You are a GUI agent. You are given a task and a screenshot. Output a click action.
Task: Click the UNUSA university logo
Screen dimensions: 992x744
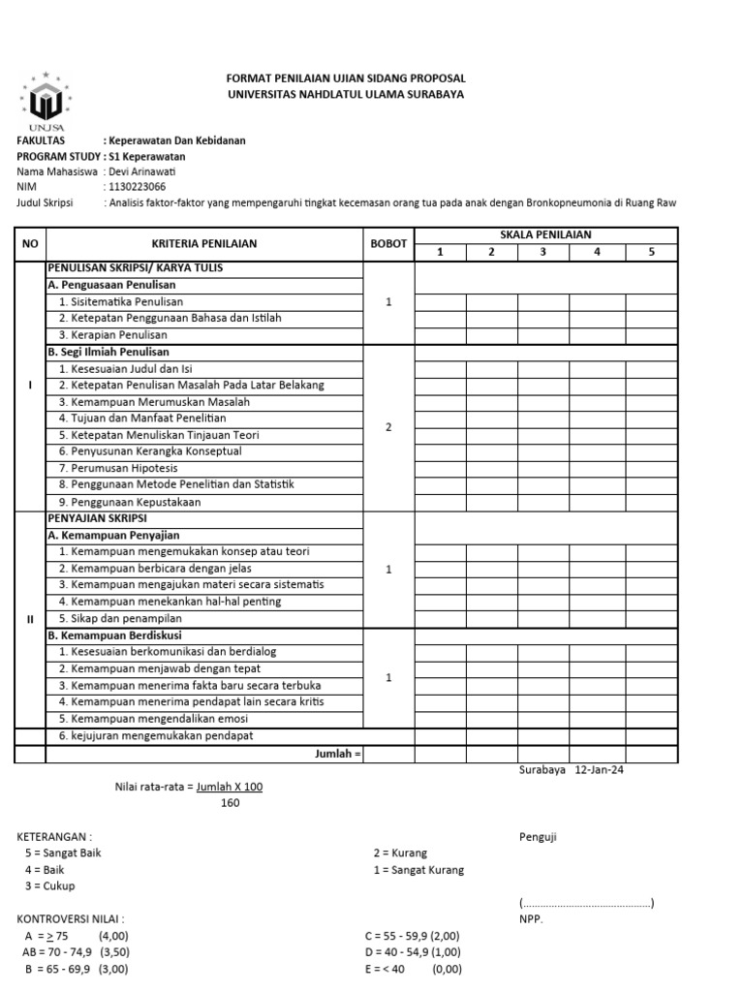tap(45, 100)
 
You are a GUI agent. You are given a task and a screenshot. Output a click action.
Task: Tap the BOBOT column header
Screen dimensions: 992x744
tap(388, 244)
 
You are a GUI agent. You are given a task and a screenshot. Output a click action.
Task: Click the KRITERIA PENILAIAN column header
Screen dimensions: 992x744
tap(203, 244)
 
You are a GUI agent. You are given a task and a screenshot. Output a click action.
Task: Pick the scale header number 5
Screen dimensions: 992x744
tap(652, 253)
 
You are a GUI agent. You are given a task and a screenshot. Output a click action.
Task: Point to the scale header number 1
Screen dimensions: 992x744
tap(440, 253)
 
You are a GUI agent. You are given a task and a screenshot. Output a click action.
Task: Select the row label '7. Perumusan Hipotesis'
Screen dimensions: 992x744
tap(113, 468)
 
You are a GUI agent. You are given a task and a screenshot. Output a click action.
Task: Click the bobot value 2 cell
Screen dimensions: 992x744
tap(388, 427)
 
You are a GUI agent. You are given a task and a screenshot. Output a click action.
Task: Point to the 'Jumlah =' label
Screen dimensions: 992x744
tap(338, 754)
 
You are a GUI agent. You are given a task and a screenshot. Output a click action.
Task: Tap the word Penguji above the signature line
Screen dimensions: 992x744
tap(538, 837)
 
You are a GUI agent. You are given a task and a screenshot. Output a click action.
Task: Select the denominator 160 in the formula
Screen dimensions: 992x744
tap(230, 803)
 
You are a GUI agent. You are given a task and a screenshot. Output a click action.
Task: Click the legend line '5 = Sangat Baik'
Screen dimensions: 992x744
tap(63, 853)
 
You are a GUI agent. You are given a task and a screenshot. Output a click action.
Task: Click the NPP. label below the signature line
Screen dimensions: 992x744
tap(531, 920)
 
